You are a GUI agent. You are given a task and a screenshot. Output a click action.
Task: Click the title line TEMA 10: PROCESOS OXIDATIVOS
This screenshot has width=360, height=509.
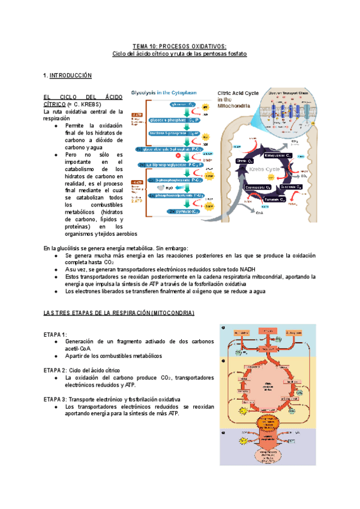pyautogui.click(x=179, y=46)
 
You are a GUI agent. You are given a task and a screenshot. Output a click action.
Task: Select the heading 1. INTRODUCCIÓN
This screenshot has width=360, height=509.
pyautogui.click(x=67, y=76)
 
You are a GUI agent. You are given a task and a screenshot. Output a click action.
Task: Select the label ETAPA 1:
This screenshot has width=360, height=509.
pyautogui.click(x=55, y=334)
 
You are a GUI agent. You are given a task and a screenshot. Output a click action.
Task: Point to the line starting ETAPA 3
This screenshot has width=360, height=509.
pyautogui.click(x=112, y=399)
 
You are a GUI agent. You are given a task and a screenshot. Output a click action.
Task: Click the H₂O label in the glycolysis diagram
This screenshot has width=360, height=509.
pyautogui.click(x=170, y=187)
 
